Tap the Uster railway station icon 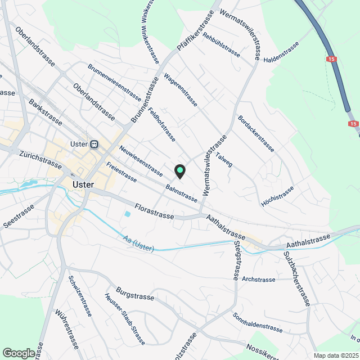pyautogui.click(x=94, y=144)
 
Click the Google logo pyautogui.click(x=19, y=353)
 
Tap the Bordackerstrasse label pyautogui.click(x=256, y=134)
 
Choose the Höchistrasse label pyautogui.click(x=277, y=196)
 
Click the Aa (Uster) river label pyautogui.click(x=138, y=244)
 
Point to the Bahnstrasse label pyautogui.click(x=182, y=192)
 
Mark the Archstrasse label pyautogui.click(x=258, y=279)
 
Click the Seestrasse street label pyautogui.click(x=18, y=216)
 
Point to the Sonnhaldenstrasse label pyautogui.click(x=257, y=321)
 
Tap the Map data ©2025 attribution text pyautogui.click(x=336, y=355)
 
